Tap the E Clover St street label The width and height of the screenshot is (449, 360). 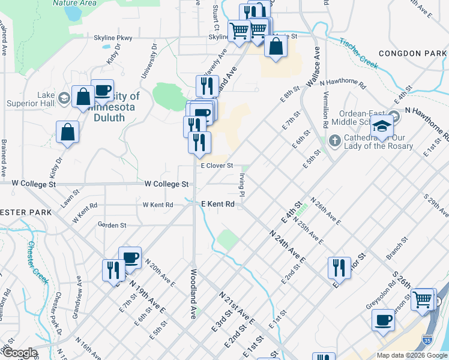pyautogui.click(x=216, y=166)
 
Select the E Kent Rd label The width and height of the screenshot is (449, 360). pyautogui.click(x=217, y=204)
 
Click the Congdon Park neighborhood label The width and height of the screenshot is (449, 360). pyautogui.click(x=413, y=53)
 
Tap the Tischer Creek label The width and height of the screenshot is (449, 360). pyautogui.click(x=358, y=54)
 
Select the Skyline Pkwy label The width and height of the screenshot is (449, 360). pyautogui.click(x=112, y=38)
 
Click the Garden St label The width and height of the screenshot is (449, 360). pyautogui.click(x=112, y=226)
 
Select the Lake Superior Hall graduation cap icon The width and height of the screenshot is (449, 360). pyautogui.click(x=63, y=98)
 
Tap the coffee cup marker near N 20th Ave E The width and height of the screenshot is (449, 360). pyautogui.click(x=130, y=258)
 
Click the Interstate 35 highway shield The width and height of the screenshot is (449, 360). pyautogui.click(x=427, y=340)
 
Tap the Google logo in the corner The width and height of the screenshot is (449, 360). pyautogui.click(x=19, y=353)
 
